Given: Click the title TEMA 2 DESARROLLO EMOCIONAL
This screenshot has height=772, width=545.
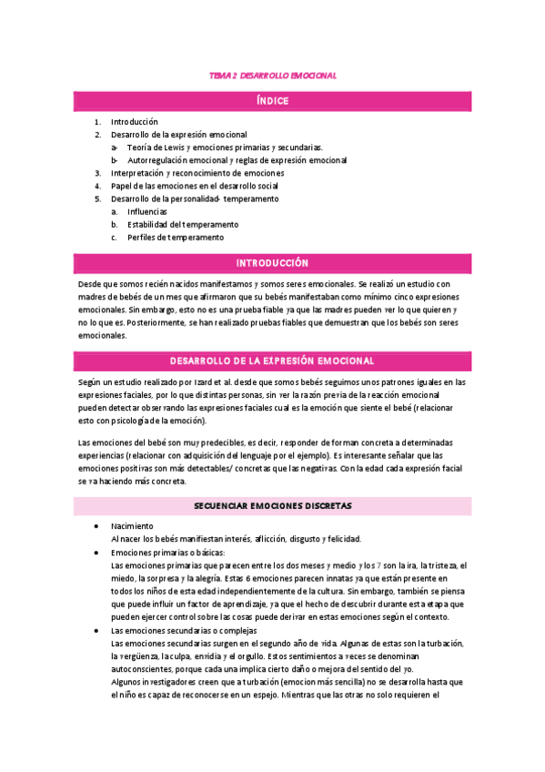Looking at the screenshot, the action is [272, 76].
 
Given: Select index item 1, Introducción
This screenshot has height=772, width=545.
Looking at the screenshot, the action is [134, 121].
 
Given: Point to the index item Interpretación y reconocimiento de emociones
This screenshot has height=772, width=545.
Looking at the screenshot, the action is [197, 172].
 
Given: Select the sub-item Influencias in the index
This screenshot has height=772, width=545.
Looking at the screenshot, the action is [146, 211].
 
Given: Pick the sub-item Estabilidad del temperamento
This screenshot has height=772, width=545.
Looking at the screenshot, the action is [182, 224].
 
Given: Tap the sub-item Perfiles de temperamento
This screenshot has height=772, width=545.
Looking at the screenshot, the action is [175, 237].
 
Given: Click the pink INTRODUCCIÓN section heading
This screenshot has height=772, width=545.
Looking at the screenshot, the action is [272, 262].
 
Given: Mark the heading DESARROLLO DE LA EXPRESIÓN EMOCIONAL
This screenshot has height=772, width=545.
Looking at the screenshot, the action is [272, 361].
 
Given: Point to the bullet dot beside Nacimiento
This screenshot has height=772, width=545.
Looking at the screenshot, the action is [97, 526].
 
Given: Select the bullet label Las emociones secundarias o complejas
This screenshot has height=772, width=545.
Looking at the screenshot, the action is [184, 630].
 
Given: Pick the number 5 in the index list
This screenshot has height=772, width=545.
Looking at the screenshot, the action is [97, 198].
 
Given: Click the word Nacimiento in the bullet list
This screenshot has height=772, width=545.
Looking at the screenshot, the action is [132, 526].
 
